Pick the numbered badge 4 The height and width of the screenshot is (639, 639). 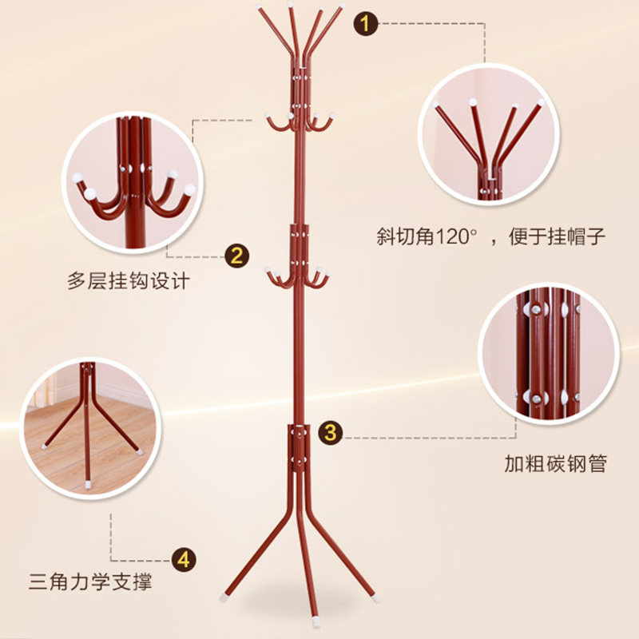(x=184, y=558)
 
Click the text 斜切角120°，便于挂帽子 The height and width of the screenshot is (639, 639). (x=491, y=236)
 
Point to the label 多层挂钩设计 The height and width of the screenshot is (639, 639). (x=129, y=281)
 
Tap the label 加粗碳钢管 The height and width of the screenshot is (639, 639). (x=554, y=463)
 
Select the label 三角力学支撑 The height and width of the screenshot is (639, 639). (x=90, y=581)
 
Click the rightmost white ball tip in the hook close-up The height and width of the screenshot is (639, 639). (x=189, y=189)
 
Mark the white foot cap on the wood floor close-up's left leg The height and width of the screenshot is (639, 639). (x=43, y=446)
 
